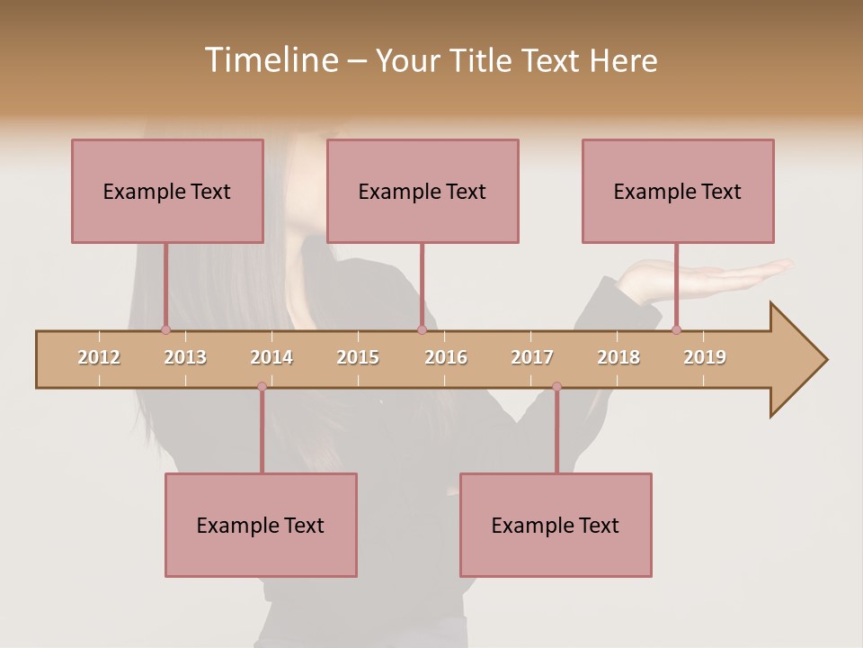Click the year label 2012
99,357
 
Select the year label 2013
185,357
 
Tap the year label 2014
271,357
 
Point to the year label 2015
358,357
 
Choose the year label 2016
446,357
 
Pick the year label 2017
532,357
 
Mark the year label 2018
618,357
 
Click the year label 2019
705,357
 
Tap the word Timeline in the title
271,60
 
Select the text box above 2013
167,191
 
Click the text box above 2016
423,191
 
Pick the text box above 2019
678,191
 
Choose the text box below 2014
261,525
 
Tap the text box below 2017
556,525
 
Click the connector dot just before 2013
165,329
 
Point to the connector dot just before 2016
422,329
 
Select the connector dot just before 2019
676,329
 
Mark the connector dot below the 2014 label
262,386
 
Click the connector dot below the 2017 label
556,386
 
